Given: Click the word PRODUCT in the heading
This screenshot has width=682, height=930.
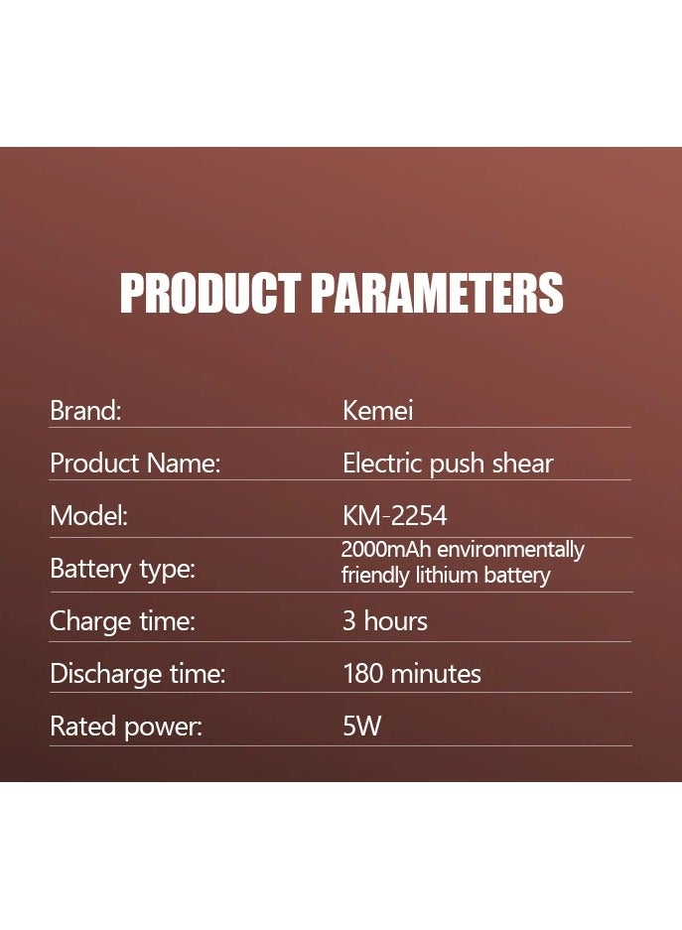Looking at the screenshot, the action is (209, 293).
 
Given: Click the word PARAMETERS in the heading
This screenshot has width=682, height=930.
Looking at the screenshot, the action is (437, 293).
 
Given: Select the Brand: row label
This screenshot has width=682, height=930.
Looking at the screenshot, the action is (85, 411).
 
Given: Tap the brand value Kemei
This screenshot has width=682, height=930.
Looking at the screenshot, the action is (378, 411).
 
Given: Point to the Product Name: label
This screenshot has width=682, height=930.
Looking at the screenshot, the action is (135, 464).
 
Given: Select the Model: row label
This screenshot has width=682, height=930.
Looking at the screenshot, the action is (89, 515).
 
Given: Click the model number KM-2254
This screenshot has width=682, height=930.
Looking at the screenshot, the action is (394, 515).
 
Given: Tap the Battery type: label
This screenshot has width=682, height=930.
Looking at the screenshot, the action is (123, 569).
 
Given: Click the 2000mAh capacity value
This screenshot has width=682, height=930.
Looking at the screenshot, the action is (386, 549).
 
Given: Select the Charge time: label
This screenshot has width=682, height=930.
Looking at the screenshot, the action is (123, 621).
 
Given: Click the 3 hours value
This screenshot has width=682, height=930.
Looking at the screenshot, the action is (385, 621).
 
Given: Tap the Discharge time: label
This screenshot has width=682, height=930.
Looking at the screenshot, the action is (138, 674).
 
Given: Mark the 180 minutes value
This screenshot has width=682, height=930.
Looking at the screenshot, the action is (412, 674).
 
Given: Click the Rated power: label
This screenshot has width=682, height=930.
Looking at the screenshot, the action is (126, 727).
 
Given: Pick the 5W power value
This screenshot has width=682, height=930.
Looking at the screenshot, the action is (361, 726).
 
